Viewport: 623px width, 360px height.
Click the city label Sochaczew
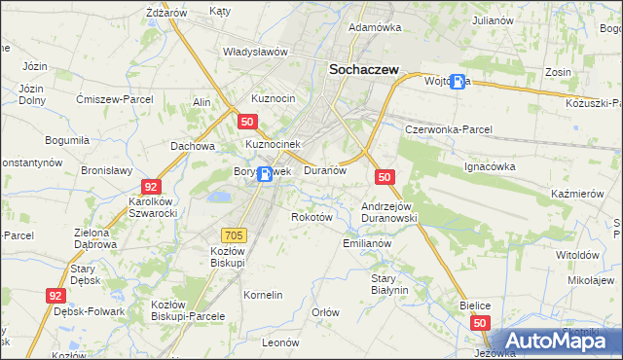click(369, 69)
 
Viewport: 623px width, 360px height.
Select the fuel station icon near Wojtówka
click(458, 83)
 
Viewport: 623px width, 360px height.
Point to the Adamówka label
click(375, 27)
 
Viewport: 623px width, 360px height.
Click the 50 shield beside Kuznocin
click(247, 121)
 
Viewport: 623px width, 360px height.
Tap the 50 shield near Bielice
click(479, 322)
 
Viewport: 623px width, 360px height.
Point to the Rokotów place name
click(312, 217)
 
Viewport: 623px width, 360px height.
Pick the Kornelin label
click(263, 294)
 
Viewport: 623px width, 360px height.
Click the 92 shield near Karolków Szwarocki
click(151, 186)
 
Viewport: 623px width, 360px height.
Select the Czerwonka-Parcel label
click(449, 129)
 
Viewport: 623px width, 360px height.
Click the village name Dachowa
click(192, 146)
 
